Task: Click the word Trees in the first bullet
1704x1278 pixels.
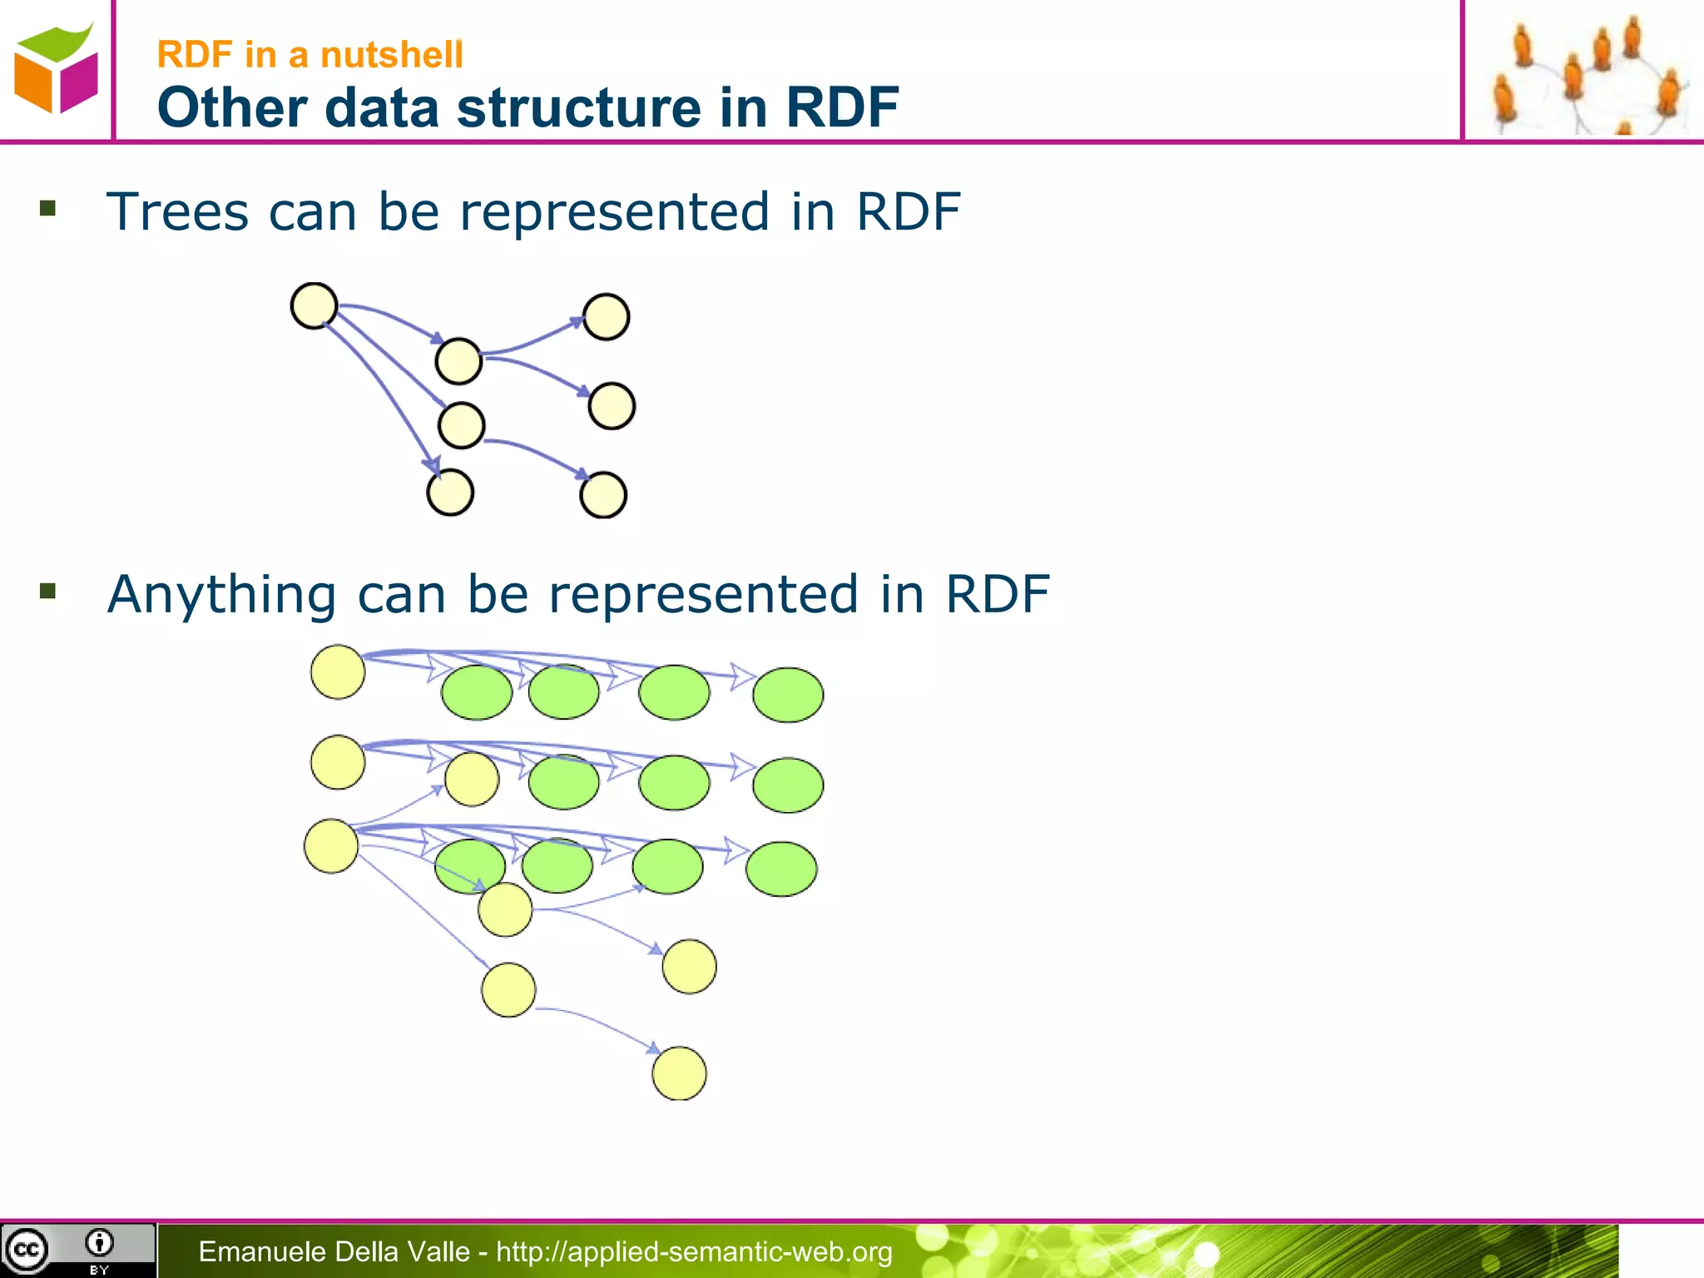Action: point(177,211)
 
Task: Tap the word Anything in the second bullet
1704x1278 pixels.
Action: point(221,595)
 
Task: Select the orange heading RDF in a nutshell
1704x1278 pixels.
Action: point(310,55)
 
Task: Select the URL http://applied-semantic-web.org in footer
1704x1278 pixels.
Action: point(694,1251)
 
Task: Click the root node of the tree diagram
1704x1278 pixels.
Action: point(314,305)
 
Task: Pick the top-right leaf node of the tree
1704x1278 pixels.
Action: point(606,317)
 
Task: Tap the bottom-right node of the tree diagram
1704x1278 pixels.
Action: point(602,495)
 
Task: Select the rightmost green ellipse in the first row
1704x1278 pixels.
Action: point(788,695)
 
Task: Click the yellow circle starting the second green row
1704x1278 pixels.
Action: point(337,762)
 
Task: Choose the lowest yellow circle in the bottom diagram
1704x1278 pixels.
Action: point(679,1073)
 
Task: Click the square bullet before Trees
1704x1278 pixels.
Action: point(47,208)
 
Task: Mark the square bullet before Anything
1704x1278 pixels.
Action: point(47,591)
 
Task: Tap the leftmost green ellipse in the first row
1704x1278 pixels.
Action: point(477,692)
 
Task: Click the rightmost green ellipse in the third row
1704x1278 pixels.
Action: point(781,869)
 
